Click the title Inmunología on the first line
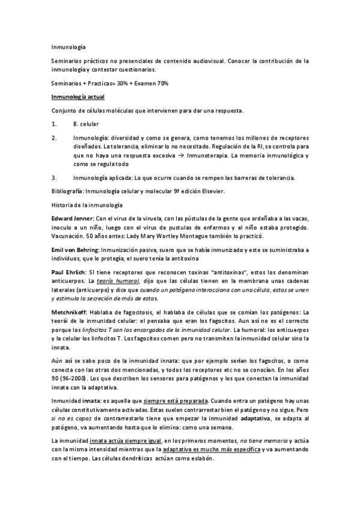pyautogui.click(x=69, y=45)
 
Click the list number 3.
pyautogui.click(x=54, y=177)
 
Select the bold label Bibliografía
pyautogui.click(x=69, y=191)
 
